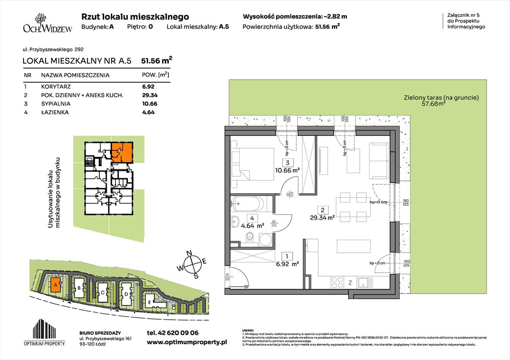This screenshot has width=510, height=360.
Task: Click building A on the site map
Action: [55, 285]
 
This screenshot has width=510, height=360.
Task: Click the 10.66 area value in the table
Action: [148, 104]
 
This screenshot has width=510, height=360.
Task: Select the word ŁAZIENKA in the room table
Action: [54, 112]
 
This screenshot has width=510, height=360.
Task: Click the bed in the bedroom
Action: [254, 161]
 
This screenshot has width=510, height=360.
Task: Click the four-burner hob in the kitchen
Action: [338, 282]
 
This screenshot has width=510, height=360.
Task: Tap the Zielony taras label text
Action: [441, 98]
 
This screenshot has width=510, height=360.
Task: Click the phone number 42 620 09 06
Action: [173, 333]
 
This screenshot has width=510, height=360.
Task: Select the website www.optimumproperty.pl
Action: [187, 342]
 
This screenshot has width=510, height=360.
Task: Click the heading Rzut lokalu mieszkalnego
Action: [135, 17]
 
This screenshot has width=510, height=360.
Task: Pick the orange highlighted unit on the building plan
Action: [122, 152]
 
